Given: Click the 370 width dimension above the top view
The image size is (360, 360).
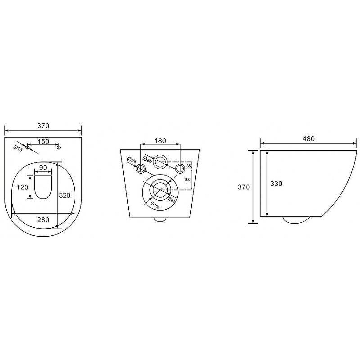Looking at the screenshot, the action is (x=43, y=126).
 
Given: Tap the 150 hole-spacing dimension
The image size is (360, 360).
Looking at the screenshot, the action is (x=43, y=141).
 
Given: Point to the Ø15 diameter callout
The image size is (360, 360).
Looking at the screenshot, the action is (x=18, y=148).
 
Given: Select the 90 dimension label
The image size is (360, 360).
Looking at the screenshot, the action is (x=43, y=167).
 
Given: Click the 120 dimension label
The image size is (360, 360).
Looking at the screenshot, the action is (x=22, y=187).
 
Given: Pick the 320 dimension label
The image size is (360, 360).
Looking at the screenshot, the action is (x=64, y=195).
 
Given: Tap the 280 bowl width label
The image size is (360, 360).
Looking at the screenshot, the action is (x=43, y=220).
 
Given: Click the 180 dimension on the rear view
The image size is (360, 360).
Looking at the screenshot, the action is (x=160, y=140).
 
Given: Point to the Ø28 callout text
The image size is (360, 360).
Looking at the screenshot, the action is (x=131, y=160).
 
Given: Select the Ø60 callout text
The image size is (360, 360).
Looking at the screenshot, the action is (x=147, y=160).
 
